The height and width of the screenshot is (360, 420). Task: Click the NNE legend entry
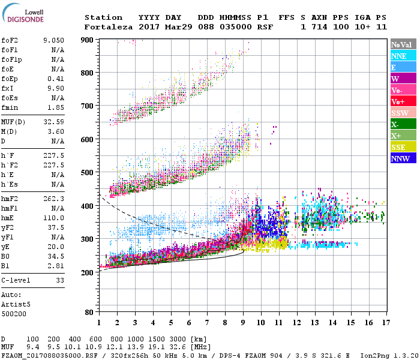pyautogui.click(x=403, y=56)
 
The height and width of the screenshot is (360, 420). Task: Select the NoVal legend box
pyautogui.click(x=403, y=44)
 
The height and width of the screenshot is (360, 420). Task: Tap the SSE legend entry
pyautogui.click(x=403, y=147)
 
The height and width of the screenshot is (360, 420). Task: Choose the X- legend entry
pyautogui.click(x=403, y=124)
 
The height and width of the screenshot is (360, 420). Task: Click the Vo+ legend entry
pyautogui.click(x=403, y=101)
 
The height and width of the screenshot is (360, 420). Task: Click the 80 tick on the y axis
pyautogui.click(x=89, y=313)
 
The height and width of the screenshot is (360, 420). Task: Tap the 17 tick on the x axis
pyautogui.click(x=385, y=323)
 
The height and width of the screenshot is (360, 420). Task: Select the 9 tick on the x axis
pyautogui.click(x=242, y=323)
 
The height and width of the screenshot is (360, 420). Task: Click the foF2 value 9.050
pyautogui.click(x=53, y=40)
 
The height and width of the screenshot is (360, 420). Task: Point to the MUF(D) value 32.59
pyautogui.click(x=53, y=122)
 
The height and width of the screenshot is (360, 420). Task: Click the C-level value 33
pyautogui.click(x=60, y=280)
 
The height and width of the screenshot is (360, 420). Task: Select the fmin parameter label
pyautogui.click(x=10, y=107)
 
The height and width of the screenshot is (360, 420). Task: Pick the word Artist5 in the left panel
pyautogui.click(x=16, y=304)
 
